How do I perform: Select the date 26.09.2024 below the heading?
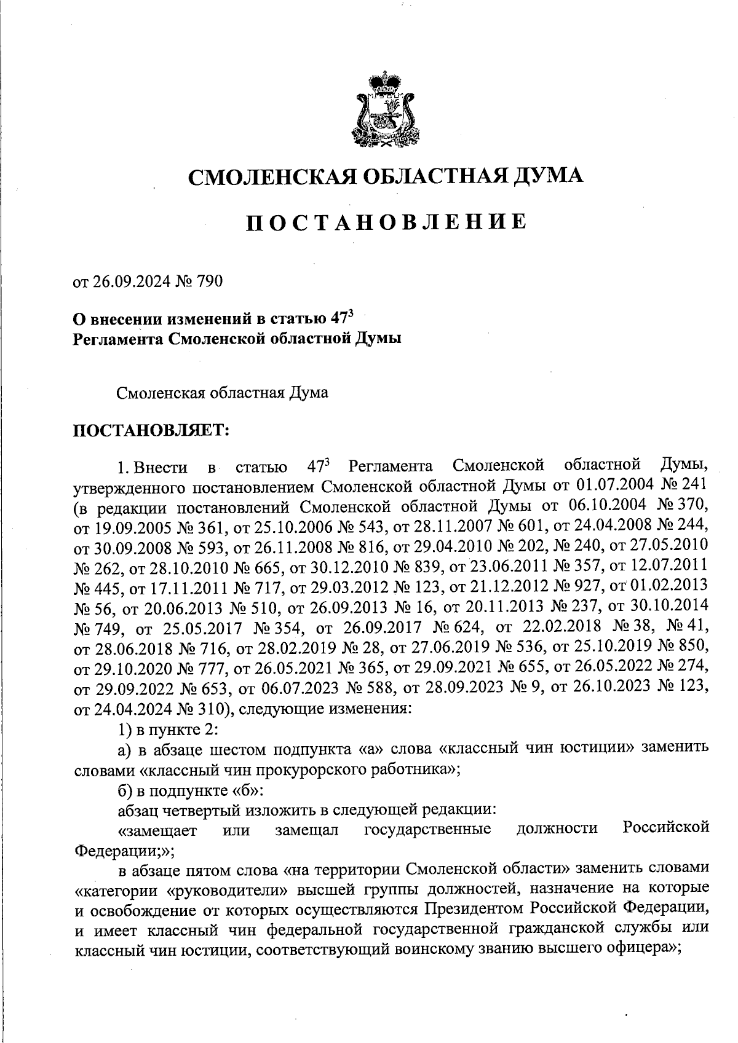124,281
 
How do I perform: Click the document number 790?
208,281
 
